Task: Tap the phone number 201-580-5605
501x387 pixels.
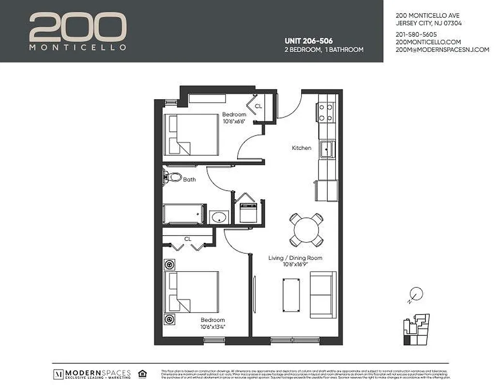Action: [x=416, y=34]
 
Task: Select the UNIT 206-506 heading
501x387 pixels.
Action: [x=308, y=41]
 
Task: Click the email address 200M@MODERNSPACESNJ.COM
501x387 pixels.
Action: [x=442, y=50]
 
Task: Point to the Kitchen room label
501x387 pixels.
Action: [x=301, y=148]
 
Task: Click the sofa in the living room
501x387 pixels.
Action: [x=323, y=295]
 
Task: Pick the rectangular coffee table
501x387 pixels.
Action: [x=291, y=295]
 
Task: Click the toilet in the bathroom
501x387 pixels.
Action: [x=172, y=177]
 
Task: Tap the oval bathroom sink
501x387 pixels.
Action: [x=220, y=217]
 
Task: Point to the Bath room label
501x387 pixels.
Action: [x=189, y=179]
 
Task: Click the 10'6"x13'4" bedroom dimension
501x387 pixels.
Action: [x=213, y=327]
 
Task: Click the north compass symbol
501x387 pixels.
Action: [x=416, y=294]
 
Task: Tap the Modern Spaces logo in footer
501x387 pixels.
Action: [x=92, y=374]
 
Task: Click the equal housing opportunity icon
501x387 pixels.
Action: [x=142, y=373]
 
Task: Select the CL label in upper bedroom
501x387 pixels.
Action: [x=258, y=106]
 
